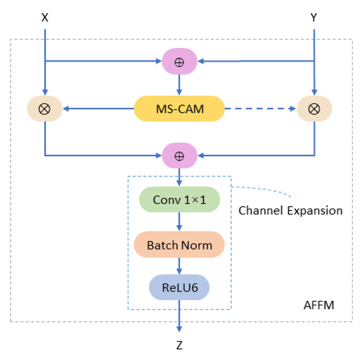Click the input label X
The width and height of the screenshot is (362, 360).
click(x=45, y=18)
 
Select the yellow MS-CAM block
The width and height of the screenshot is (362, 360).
click(x=179, y=108)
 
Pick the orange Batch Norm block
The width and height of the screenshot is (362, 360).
click(x=179, y=245)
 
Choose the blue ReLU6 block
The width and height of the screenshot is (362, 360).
click(x=179, y=287)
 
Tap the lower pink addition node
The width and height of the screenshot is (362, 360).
click(x=179, y=157)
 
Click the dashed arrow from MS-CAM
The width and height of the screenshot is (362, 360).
click(x=260, y=108)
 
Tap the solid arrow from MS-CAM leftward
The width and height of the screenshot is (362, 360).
click(x=99, y=108)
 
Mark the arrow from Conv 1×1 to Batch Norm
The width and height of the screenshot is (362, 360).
click(x=179, y=223)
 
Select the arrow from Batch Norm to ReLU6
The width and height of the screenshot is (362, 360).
click(x=179, y=267)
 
